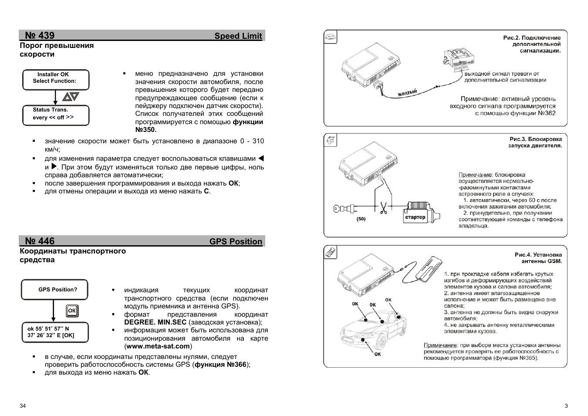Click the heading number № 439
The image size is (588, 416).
pos(40,36)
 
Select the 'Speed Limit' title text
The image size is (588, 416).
pos(238,36)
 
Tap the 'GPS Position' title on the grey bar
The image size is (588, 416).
pos(236,242)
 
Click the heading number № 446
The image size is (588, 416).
pos(40,241)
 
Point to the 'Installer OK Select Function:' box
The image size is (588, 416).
pos(56,80)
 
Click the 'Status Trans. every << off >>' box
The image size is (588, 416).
pos(56,115)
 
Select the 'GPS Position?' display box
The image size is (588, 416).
pos(55,290)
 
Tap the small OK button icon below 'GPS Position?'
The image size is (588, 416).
pos(72,311)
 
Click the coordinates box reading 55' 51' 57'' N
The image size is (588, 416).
pos(55,332)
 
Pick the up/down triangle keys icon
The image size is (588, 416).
pos(70,97)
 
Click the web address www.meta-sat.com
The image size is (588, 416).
pos(158,346)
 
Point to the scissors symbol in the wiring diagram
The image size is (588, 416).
pos(383,209)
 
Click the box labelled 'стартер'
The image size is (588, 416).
pos(415,217)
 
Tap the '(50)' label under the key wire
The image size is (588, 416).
pos(361,219)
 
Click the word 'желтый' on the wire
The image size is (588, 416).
pos(407,92)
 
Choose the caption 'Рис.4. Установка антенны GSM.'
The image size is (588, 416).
pos(538,258)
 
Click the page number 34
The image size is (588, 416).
pos(23,406)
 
